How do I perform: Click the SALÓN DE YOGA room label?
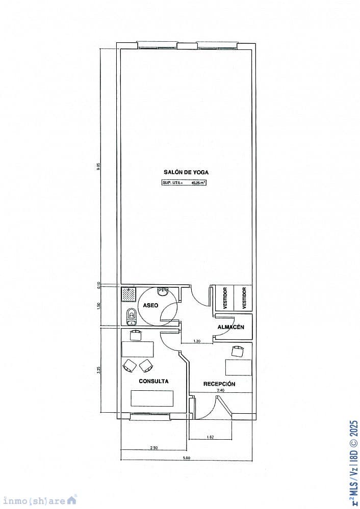186,172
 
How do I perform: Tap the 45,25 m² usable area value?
198,182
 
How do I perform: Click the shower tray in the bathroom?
128,293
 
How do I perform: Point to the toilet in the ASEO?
131,316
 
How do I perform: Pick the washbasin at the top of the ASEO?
163,291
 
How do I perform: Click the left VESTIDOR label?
225,298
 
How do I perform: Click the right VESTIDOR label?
244,298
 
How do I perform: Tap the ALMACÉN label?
232,327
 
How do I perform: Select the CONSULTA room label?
153,381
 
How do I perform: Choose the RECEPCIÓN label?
219,384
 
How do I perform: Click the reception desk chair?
238,351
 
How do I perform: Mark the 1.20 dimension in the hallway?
196,340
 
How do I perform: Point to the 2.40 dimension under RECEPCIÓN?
220,390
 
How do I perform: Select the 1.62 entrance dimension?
210,437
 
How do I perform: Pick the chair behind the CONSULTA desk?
136,335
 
